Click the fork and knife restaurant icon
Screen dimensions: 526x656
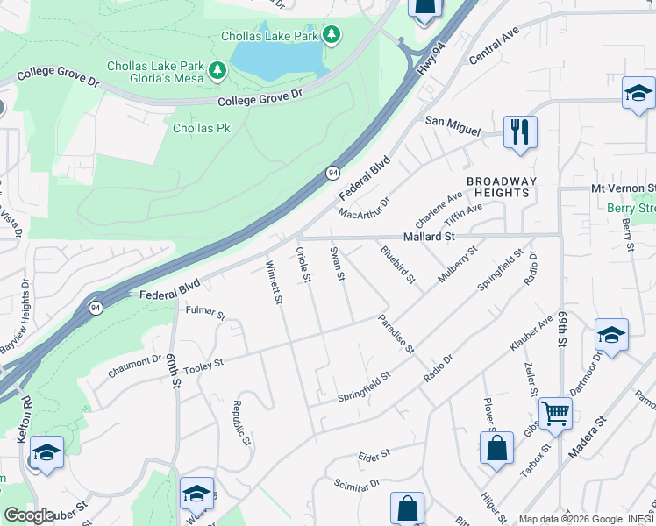coord(520,132)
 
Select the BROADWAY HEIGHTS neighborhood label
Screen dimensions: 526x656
coord(498,187)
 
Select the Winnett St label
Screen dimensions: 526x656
coord(274,281)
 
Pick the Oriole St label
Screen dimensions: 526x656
coord(303,266)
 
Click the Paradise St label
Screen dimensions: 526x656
coord(396,334)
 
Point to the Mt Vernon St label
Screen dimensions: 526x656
coord(623,188)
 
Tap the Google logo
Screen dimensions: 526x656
coord(29,515)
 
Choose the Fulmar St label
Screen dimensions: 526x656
coord(205,311)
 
